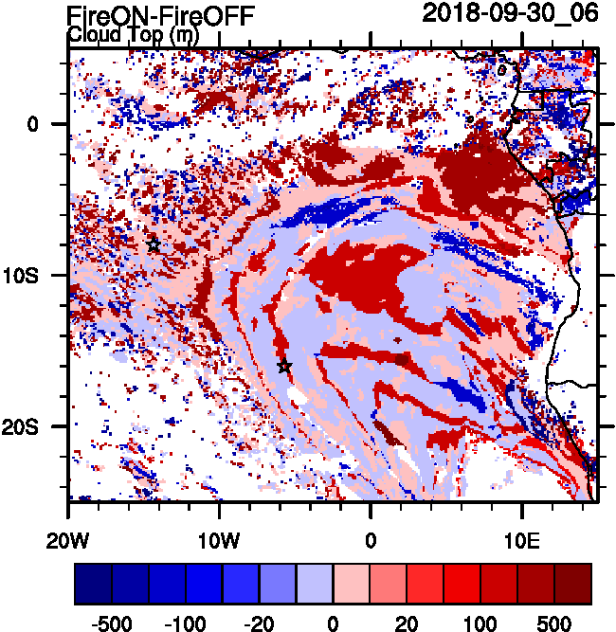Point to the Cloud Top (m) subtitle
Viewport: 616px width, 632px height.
[x=133, y=35]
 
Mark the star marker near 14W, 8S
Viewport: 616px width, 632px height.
[x=154, y=244]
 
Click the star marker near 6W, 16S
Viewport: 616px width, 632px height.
[x=284, y=367]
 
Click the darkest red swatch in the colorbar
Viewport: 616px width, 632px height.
[x=572, y=584]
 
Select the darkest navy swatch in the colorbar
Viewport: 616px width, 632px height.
[x=93, y=584]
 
